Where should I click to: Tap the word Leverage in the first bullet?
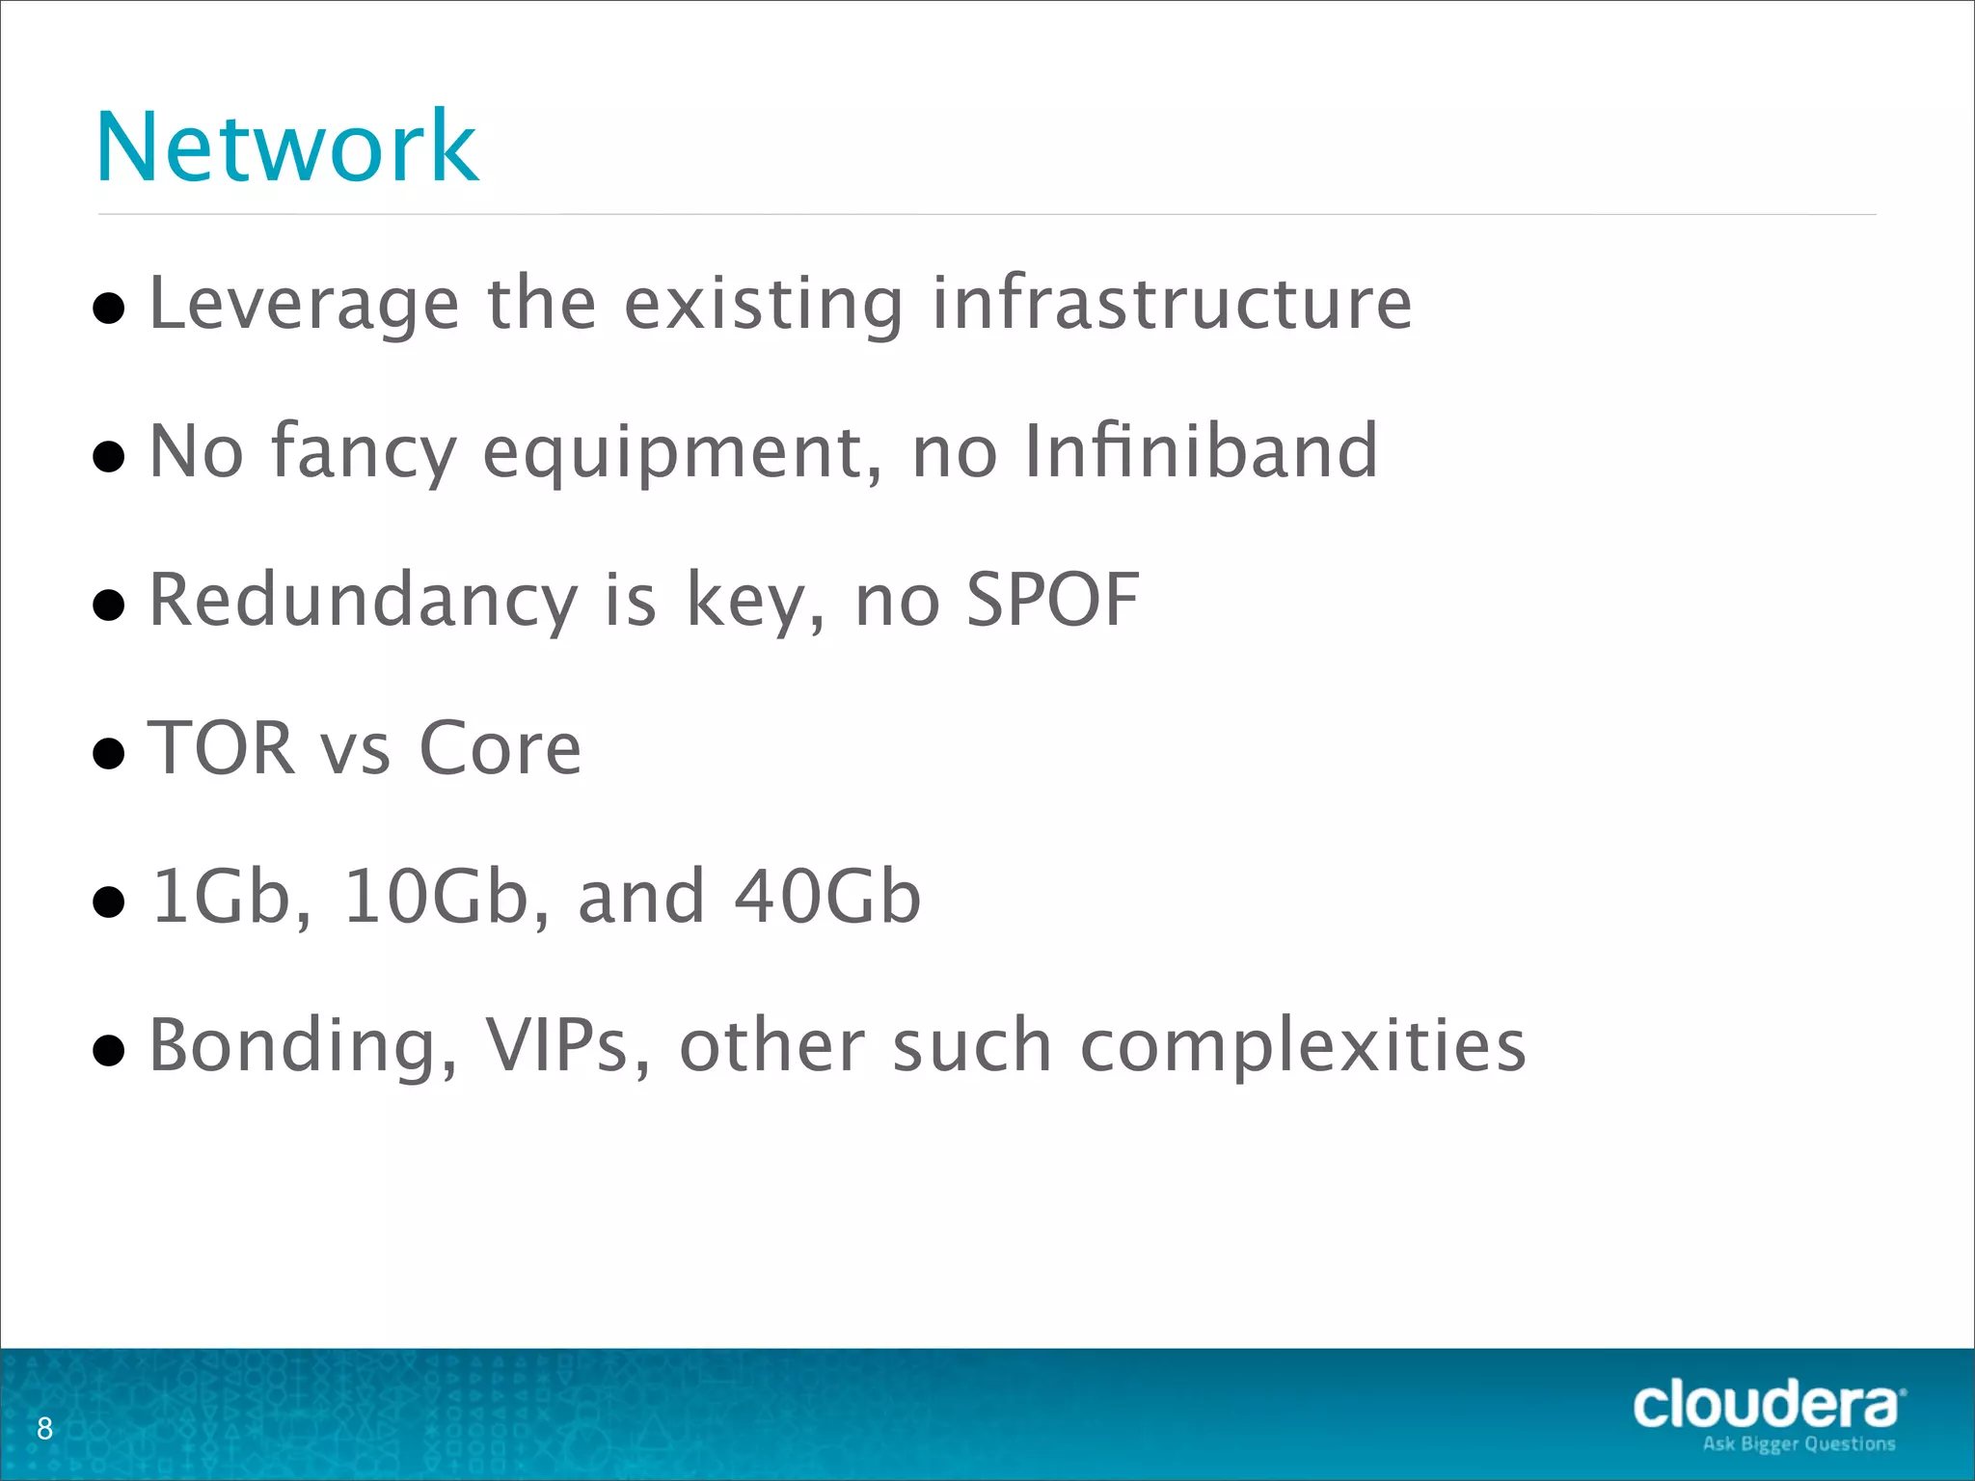tap(304, 305)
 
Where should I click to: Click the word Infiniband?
tap(1201, 451)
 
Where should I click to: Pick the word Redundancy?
tap(363, 601)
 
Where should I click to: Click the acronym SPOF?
tap(1052, 600)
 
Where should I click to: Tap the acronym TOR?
tap(221, 748)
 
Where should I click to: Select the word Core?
tap(500, 749)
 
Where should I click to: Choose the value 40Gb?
tap(827, 897)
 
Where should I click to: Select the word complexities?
tap(1303, 1047)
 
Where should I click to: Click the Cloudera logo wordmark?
tap(1767, 1405)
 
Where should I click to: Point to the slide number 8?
tap(44, 1428)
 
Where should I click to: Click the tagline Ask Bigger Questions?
tap(1799, 1444)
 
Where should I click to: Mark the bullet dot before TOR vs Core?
tap(109, 753)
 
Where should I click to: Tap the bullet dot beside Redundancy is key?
tap(109, 606)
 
